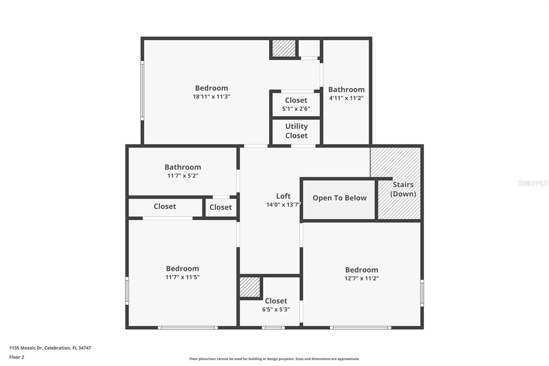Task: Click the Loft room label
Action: click(283, 196)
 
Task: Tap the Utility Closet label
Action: click(296, 131)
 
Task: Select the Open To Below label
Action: click(339, 198)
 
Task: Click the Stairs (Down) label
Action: click(403, 189)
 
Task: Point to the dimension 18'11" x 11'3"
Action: click(211, 97)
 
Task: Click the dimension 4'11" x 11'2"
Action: click(346, 98)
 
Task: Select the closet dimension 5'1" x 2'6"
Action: click(296, 109)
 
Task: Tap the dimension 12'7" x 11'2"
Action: click(361, 278)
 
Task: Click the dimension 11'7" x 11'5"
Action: click(182, 277)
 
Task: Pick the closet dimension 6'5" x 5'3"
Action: click(276, 309)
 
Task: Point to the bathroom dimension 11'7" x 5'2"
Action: click(183, 176)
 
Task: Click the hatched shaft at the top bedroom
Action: click(284, 48)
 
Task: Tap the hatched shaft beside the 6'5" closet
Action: click(250, 287)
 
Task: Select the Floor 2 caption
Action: click(16, 357)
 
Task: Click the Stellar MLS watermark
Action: click(533, 183)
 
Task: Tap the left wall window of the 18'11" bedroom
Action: click(142, 91)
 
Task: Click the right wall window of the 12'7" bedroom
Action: click(422, 293)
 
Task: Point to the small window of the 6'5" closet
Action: click(273, 328)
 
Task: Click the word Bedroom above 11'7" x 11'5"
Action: click(182, 268)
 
